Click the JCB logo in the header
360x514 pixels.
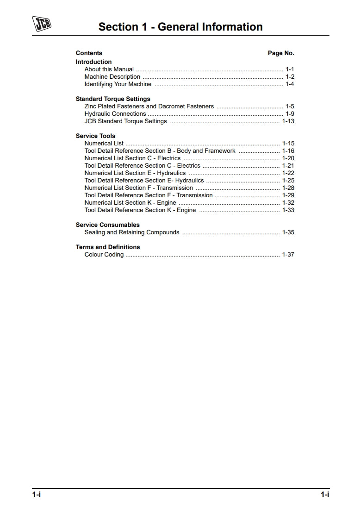point(41,24)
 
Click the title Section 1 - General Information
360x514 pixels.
point(180,27)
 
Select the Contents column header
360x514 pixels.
point(89,53)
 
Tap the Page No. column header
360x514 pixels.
point(281,53)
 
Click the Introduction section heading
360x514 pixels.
point(93,62)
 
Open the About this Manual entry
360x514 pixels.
point(109,69)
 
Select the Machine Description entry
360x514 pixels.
point(112,77)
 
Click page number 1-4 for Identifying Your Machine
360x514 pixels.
point(290,84)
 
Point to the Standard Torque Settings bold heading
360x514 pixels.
point(113,99)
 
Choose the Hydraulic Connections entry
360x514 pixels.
point(115,114)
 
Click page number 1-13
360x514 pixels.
point(288,121)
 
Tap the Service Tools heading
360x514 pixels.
point(95,136)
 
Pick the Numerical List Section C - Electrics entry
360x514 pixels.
point(132,158)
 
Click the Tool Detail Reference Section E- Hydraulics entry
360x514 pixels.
point(144,181)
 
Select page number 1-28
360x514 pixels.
point(288,188)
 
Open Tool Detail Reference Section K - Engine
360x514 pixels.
point(140,210)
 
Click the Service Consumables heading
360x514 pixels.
point(107,225)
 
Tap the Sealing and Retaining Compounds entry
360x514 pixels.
point(132,232)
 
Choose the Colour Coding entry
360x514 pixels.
point(104,255)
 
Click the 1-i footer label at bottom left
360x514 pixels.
point(37,495)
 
